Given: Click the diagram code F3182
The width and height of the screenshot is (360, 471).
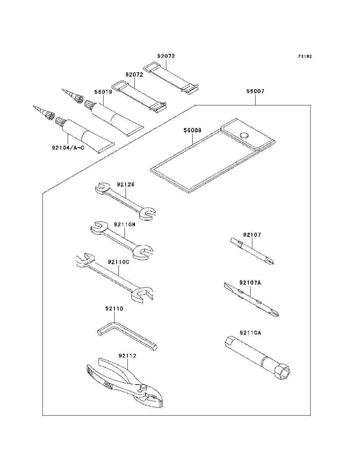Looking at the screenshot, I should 305,56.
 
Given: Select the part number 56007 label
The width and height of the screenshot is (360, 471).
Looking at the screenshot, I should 255,91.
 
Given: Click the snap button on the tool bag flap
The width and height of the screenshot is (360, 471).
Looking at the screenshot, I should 244,135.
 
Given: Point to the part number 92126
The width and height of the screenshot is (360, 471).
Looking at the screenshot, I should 126,185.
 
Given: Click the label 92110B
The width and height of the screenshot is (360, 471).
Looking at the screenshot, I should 125,225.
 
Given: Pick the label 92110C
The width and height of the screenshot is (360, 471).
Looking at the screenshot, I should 118,262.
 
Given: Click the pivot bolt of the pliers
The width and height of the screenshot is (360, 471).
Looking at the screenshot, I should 144,388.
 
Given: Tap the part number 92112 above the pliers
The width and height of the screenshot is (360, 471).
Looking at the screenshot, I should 127,356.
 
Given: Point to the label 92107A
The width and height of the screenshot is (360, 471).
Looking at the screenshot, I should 250,283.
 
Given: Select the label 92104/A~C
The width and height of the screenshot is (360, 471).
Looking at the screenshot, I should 68,148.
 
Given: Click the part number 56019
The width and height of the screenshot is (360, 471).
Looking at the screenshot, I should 103,92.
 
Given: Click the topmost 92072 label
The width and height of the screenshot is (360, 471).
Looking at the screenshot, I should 166,56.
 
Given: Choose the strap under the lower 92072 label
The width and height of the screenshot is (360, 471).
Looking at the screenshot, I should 139,95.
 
